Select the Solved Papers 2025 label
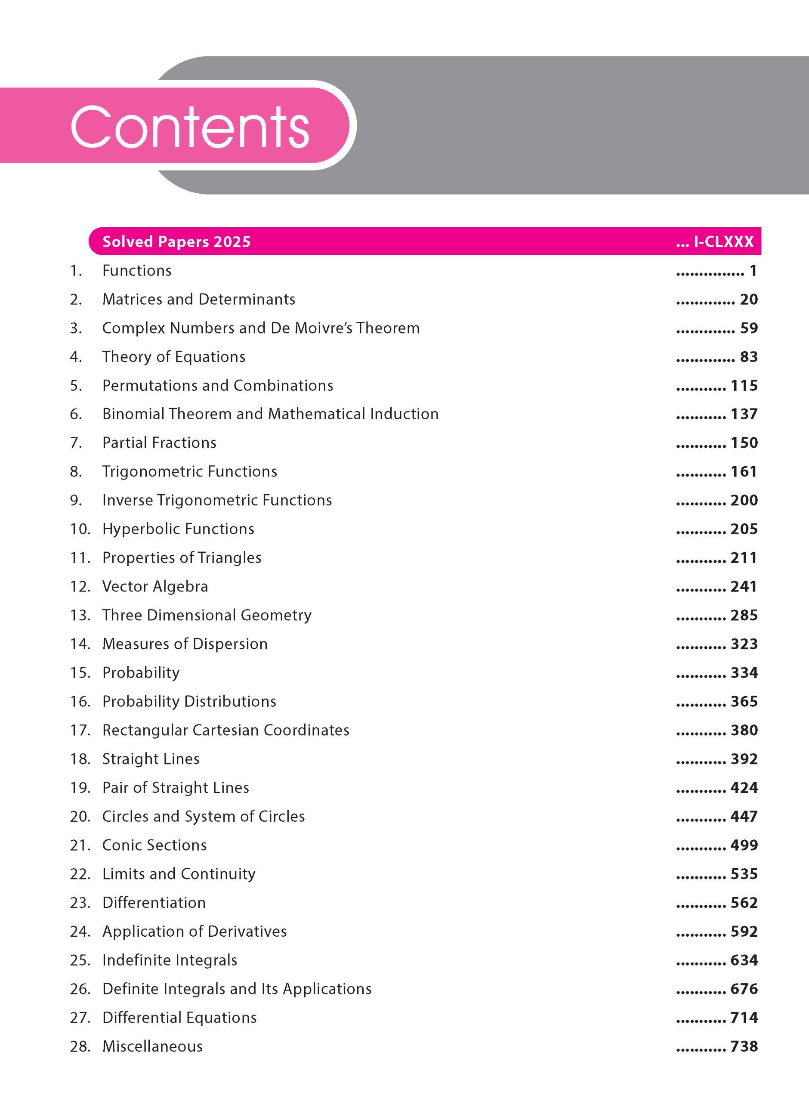click(x=176, y=241)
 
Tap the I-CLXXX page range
click(x=723, y=241)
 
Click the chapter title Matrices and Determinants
click(x=198, y=299)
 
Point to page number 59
click(x=749, y=328)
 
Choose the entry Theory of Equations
click(x=173, y=357)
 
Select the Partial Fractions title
click(x=159, y=443)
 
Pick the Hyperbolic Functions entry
click(x=178, y=529)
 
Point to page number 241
click(x=744, y=587)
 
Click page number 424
click(x=744, y=788)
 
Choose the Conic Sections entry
click(x=154, y=845)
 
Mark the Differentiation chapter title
click(x=154, y=903)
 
